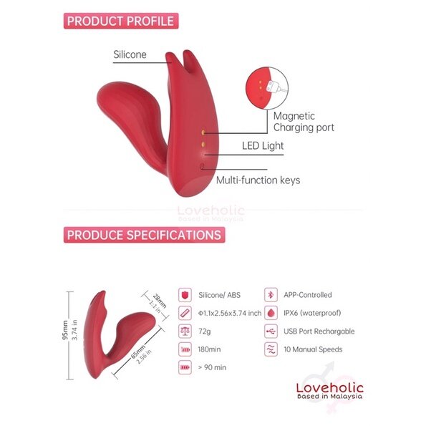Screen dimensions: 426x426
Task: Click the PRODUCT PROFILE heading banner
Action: (x=121, y=21)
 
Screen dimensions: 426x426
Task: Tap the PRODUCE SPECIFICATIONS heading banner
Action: (x=144, y=235)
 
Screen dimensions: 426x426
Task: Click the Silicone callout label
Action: (x=130, y=54)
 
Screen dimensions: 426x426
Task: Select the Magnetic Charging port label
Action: (x=304, y=122)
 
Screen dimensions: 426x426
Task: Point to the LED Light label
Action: (x=263, y=145)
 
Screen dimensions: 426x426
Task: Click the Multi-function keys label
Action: (x=258, y=180)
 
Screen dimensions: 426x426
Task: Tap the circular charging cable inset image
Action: (x=267, y=88)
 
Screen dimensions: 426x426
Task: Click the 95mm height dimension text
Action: (x=65, y=330)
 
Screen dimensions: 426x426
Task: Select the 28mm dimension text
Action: (x=160, y=301)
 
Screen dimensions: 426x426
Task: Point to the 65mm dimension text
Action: (x=138, y=352)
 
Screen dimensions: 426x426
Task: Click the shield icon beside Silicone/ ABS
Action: (x=185, y=295)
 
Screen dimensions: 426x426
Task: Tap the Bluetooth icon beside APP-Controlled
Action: (x=271, y=295)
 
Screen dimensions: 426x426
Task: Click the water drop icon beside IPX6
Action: (x=271, y=313)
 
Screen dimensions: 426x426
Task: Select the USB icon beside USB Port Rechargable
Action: (x=271, y=331)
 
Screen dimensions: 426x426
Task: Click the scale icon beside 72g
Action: (x=185, y=331)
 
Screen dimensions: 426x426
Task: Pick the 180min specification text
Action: (x=209, y=349)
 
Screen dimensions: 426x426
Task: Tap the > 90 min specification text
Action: (x=212, y=367)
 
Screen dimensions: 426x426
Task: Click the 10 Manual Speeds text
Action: (x=313, y=349)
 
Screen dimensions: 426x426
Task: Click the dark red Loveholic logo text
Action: (x=330, y=387)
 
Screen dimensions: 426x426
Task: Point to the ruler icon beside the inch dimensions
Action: (x=185, y=313)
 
